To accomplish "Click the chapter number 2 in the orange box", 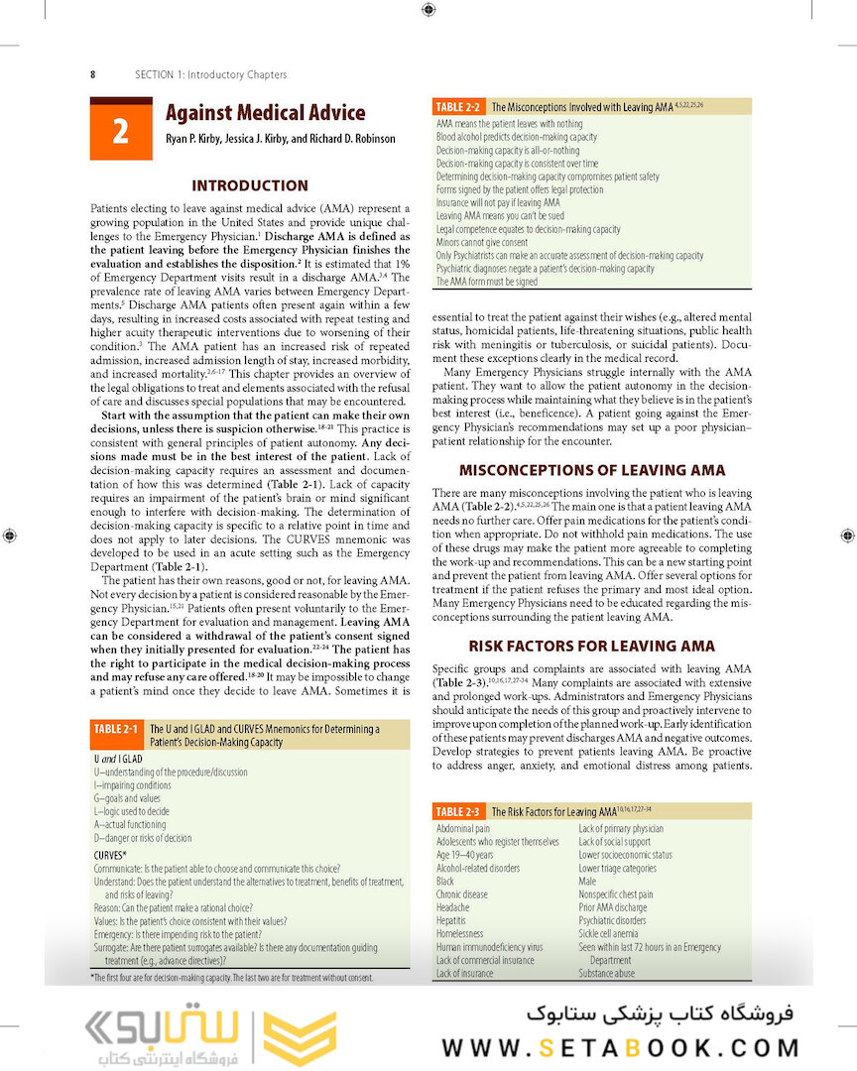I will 120,131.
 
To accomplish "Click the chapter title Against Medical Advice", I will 265,113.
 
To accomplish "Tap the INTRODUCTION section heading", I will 250,185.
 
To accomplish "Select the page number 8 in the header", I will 92,74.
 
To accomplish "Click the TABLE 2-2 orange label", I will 458,106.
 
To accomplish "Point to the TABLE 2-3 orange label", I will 458,811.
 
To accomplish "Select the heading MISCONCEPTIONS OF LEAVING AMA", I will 591,470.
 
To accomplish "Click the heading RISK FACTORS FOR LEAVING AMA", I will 591,646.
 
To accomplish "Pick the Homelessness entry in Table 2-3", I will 460,934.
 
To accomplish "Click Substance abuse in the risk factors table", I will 607,974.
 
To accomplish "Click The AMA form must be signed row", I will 487,282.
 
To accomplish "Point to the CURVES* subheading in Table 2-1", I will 110,854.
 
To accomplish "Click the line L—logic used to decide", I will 131,811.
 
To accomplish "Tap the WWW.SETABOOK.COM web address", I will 621,1048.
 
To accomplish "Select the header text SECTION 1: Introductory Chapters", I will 210,74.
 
